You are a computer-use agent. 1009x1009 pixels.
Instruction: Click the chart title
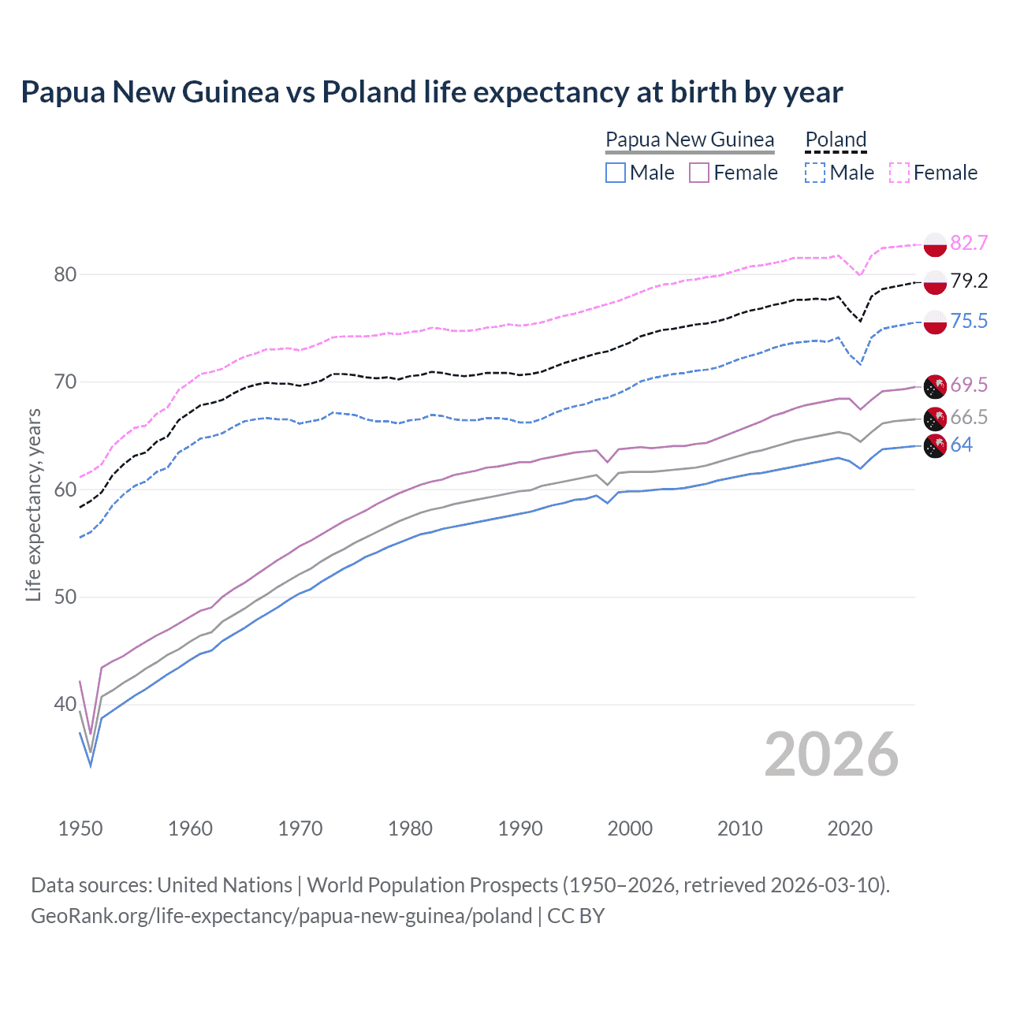coord(431,92)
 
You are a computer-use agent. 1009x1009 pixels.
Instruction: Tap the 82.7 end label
coord(969,243)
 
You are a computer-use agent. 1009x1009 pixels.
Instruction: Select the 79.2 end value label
coord(969,281)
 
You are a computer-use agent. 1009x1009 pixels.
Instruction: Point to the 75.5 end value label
coord(969,321)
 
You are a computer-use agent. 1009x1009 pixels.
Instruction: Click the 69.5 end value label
coord(969,385)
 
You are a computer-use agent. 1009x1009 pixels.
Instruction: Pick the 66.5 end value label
coord(969,417)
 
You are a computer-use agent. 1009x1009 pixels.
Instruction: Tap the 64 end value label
coord(962,445)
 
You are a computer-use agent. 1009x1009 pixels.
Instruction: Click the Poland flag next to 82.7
coord(935,244)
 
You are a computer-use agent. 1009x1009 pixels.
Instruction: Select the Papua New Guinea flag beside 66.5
coord(935,419)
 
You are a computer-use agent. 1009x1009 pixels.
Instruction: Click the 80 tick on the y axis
coord(65,275)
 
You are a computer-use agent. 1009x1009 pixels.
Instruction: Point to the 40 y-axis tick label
coord(65,705)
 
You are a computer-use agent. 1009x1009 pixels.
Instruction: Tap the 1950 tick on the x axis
coord(80,828)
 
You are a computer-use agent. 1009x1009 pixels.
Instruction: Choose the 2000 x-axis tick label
coord(630,828)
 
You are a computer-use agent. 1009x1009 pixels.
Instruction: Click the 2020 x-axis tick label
coord(850,828)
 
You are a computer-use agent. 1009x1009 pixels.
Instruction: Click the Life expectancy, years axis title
coord(33,504)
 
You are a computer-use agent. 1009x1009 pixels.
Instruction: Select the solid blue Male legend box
coord(616,173)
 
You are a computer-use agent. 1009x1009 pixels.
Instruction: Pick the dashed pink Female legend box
coord(899,173)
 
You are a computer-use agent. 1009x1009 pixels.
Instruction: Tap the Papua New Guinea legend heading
coord(690,140)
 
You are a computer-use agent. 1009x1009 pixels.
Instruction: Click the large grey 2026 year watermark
coord(832,755)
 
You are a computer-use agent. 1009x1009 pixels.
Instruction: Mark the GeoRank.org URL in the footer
coord(281,916)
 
